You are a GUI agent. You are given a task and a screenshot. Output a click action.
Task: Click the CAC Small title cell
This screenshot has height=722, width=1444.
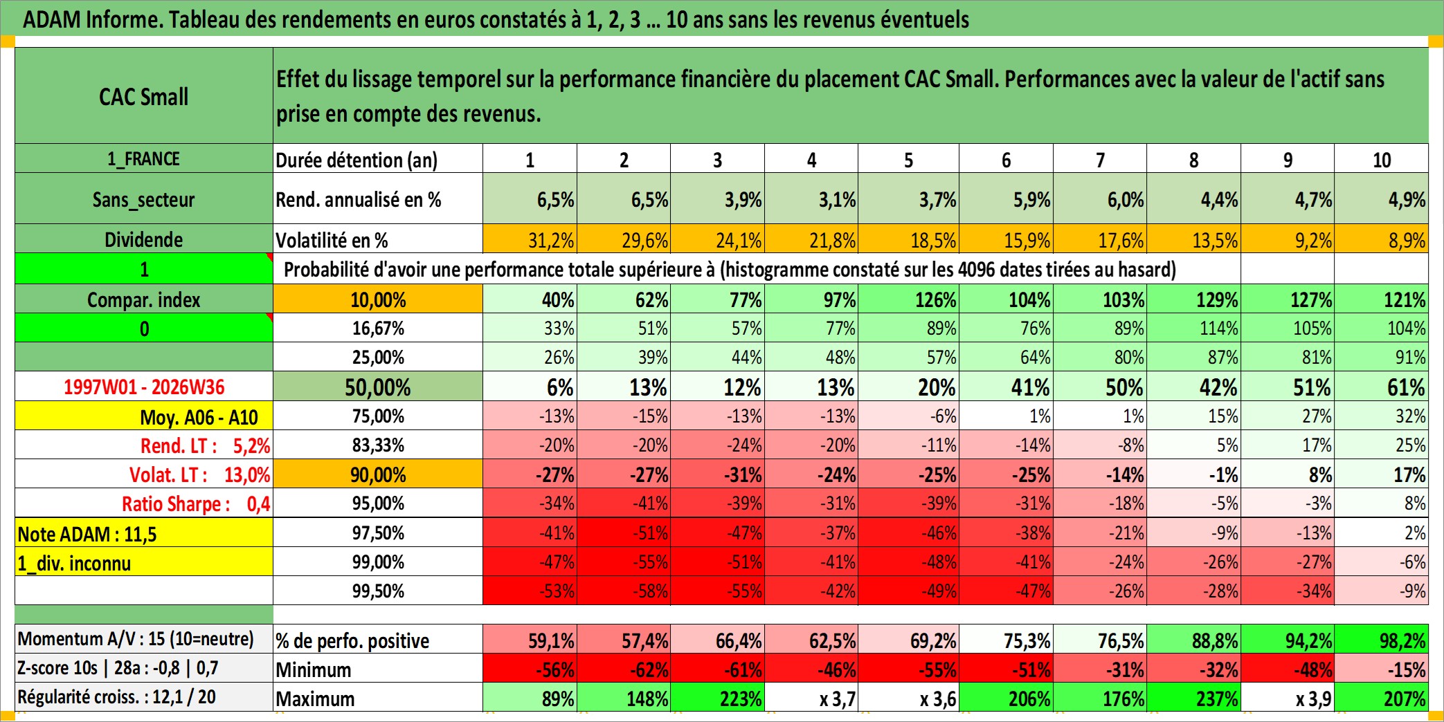tap(144, 95)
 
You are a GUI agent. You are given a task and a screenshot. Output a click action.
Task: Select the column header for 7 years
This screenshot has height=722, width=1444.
tap(1100, 159)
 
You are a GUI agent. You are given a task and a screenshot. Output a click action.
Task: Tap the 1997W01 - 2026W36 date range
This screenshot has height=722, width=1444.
tap(144, 387)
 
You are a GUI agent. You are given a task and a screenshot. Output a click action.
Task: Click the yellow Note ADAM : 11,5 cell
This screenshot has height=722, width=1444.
tap(144, 533)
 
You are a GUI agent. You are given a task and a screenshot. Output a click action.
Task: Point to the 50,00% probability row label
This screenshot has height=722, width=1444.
tap(378, 387)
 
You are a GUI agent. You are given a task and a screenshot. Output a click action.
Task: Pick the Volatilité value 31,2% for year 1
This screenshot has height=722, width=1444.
tap(530, 239)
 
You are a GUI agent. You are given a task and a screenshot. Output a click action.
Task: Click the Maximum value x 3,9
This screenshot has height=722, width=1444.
tap(1288, 698)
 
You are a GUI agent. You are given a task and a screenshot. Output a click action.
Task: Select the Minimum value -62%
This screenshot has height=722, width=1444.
tap(624, 669)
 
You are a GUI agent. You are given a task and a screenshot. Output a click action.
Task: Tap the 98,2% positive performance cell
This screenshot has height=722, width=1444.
tap(1382, 640)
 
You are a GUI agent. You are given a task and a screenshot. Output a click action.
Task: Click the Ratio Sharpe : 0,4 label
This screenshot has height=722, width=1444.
tap(196, 503)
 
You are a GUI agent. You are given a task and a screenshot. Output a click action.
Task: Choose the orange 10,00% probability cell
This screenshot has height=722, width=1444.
tap(378, 299)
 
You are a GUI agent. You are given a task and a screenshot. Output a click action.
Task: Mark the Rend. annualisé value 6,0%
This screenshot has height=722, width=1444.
tap(1100, 199)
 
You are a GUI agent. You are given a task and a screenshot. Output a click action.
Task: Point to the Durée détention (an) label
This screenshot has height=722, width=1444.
tap(357, 160)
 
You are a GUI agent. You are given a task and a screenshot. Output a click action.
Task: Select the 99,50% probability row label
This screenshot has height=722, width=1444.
tap(378, 591)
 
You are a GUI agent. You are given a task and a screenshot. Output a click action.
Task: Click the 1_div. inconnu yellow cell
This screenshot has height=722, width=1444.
tap(144, 562)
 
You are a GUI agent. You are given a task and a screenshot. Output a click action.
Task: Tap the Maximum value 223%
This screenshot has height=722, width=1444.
tap(718, 698)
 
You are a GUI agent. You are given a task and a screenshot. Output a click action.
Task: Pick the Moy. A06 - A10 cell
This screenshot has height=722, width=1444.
tap(144, 416)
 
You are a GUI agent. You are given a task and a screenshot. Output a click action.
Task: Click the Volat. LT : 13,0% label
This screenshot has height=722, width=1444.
tap(199, 474)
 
